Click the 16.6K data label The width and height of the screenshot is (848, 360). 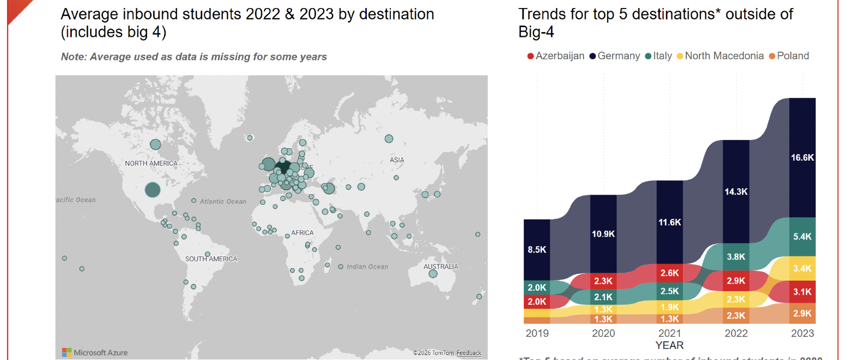tap(802, 158)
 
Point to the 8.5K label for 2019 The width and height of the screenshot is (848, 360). tap(537, 250)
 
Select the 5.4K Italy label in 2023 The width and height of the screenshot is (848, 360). tap(802, 237)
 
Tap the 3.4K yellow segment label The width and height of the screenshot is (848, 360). tap(802, 268)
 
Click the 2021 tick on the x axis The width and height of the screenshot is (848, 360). tap(669, 333)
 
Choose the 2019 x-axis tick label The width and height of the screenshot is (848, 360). tap(537, 333)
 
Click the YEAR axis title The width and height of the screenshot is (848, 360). tap(669, 345)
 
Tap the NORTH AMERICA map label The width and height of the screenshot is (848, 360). tap(151, 163)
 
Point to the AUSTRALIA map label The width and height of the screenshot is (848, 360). tap(441, 267)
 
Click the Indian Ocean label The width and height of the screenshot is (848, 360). tap(367, 267)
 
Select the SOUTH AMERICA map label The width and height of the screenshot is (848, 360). tap(211, 259)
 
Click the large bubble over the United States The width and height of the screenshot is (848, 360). tap(153, 190)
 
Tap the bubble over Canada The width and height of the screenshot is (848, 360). tap(155, 144)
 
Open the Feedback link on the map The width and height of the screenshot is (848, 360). tap(469, 353)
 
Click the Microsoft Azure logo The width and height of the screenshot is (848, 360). tap(95, 352)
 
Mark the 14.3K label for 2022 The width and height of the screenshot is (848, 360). tap(736, 192)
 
